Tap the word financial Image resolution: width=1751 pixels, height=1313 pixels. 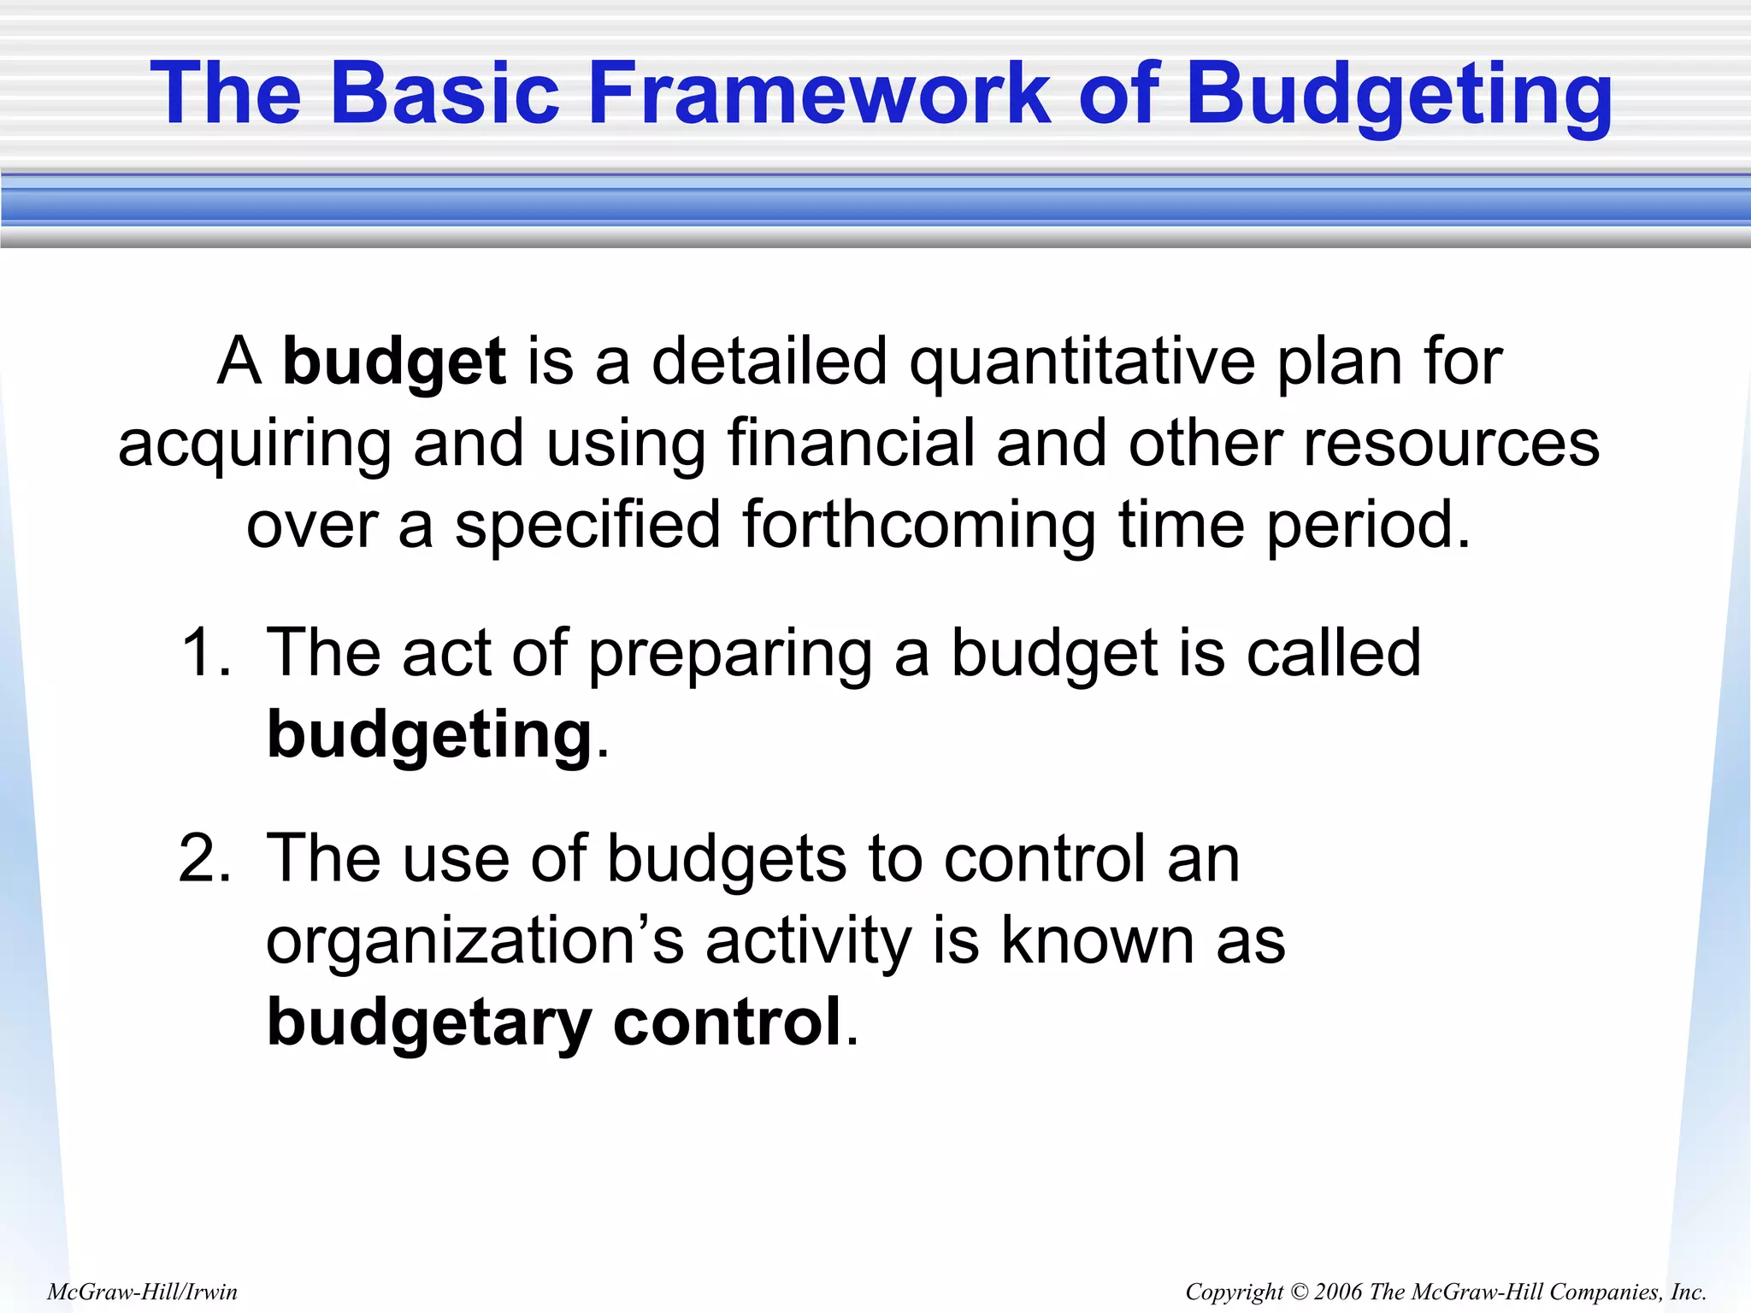pyautogui.click(x=851, y=443)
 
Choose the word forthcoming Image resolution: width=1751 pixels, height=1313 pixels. pyautogui.click(x=919, y=525)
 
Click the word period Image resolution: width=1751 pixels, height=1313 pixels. pyautogui.click(x=1368, y=525)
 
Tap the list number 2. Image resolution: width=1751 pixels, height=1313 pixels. pyautogui.click(x=205, y=858)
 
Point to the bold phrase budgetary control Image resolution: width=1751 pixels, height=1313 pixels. pyautogui.click(x=556, y=1022)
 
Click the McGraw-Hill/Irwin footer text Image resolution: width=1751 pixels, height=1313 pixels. pyautogui.click(x=142, y=1292)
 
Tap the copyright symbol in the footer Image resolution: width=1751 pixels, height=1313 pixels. pyautogui.click(x=1299, y=1292)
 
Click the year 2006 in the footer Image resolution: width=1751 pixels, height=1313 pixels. pyautogui.click(x=1339, y=1292)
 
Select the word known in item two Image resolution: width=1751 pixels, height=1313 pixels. pyautogui.click(x=1098, y=940)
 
